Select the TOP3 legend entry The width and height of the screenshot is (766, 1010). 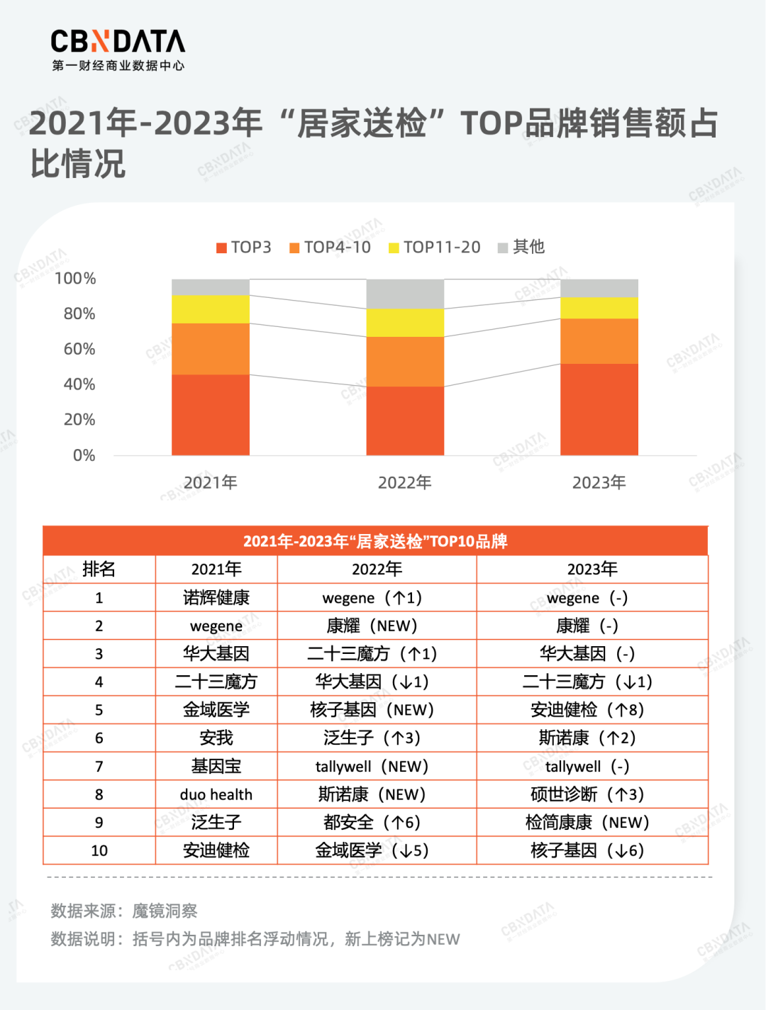pos(244,248)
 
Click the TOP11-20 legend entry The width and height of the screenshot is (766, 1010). pos(434,248)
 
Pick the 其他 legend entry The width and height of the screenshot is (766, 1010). pos(521,248)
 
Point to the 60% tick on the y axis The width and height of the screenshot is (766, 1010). pos(79,349)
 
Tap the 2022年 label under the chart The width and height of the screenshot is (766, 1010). pos(404,483)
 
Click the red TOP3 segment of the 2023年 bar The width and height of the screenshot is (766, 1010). pos(599,409)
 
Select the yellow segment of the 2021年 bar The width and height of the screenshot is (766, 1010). pos(211,309)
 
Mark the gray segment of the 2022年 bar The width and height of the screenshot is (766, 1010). pos(405,294)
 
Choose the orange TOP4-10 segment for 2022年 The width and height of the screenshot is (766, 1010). pos(405,362)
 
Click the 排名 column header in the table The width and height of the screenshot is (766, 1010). pos(99,570)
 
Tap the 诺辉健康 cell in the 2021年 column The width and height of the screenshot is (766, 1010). pos(216,598)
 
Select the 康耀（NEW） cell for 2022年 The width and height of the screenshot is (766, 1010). pos(377,626)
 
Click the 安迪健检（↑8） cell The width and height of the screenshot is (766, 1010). pos(592,710)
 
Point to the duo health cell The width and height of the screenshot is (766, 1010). pos(216,794)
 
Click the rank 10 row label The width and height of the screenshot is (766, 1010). pos(99,850)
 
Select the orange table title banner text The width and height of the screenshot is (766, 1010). pos(375,542)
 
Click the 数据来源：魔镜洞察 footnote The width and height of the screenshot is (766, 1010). pos(124,911)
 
